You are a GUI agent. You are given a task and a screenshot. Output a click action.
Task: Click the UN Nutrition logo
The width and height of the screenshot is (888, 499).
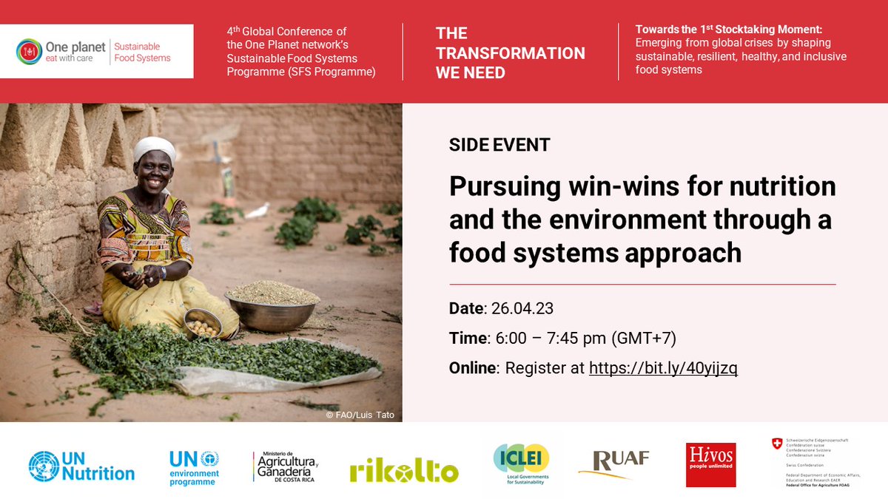(x=81, y=466)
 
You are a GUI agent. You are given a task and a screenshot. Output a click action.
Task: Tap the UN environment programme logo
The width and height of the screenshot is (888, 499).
(x=194, y=467)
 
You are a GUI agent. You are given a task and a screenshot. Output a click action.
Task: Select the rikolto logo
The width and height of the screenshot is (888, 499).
(x=404, y=470)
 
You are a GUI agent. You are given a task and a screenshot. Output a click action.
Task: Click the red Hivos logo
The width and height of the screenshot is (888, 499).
(x=710, y=465)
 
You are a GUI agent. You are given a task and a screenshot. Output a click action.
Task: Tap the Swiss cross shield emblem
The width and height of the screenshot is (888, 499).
(x=777, y=444)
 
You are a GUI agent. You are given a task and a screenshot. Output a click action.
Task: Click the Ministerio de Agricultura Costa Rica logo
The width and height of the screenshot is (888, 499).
(x=286, y=466)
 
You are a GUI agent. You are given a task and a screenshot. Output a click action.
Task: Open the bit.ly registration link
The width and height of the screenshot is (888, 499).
(x=663, y=367)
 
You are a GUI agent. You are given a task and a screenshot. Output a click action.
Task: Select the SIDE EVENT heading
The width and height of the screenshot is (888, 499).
(x=499, y=145)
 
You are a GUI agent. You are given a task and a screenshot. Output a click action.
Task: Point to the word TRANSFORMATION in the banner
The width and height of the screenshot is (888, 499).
(x=510, y=53)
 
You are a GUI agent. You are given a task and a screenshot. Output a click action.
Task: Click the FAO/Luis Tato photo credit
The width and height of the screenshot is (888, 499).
(x=360, y=415)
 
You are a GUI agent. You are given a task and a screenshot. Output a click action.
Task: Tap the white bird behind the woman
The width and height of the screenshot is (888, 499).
(x=257, y=212)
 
